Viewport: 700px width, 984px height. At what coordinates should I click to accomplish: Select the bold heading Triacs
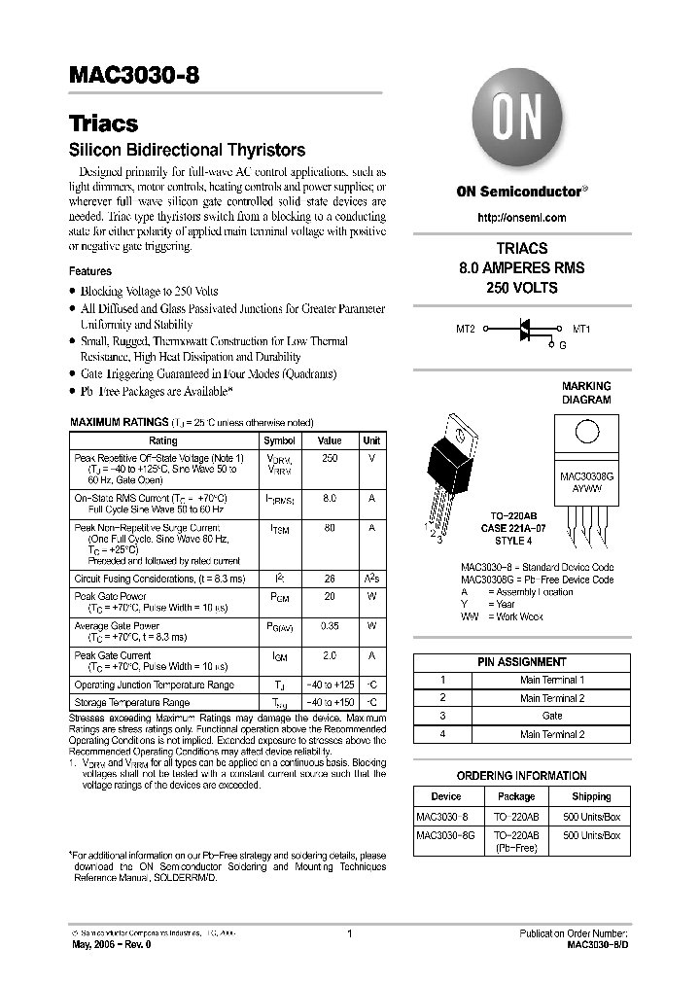(x=103, y=123)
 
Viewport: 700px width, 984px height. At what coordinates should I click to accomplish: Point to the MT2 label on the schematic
(x=466, y=330)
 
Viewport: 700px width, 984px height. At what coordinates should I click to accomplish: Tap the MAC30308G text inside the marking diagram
(x=586, y=477)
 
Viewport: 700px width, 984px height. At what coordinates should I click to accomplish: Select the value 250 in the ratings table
(x=330, y=458)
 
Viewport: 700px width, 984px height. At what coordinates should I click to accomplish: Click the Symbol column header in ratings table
(x=279, y=440)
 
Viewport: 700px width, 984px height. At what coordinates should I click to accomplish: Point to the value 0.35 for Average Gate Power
(x=330, y=626)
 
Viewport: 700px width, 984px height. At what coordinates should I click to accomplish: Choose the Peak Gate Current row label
(x=113, y=655)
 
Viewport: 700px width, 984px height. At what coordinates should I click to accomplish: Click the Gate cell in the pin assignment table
(x=552, y=716)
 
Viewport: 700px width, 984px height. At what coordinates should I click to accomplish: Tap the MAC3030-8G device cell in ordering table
(x=445, y=835)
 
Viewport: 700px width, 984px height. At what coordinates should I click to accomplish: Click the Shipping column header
(x=591, y=796)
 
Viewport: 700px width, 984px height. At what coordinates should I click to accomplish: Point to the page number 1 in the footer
(x=349, y=933)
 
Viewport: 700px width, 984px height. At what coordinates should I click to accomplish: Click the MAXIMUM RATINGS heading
(x=119, y=423)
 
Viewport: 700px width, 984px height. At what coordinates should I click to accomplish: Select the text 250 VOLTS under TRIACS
(x=522, y=288)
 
